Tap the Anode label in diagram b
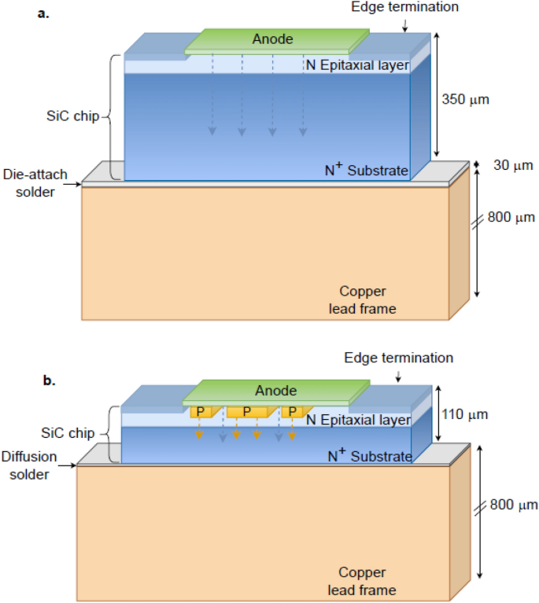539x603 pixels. click(275, 391)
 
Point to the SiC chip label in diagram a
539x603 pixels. click(72, 117)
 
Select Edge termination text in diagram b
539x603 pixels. click(398, 358)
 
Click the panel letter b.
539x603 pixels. click(49, 380)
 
